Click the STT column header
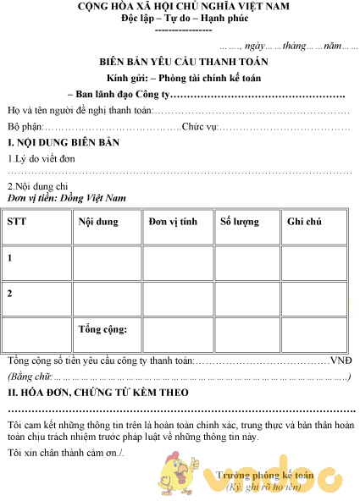coord(16,222)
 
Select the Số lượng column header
coord(240,222)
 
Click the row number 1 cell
coord(10,257)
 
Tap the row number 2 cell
coord(10,293)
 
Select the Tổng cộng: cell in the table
coord(102,328)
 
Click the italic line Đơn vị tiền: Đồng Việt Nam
coord(66,197)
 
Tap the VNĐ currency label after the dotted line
coord(341,360)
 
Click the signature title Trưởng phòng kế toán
coord(265,476)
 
